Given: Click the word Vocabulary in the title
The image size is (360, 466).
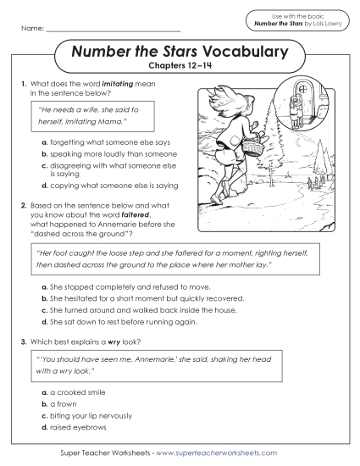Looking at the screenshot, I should [246, 53].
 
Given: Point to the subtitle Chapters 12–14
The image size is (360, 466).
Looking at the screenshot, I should [180, 68].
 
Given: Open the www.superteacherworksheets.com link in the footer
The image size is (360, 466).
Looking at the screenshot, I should [216, 453].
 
